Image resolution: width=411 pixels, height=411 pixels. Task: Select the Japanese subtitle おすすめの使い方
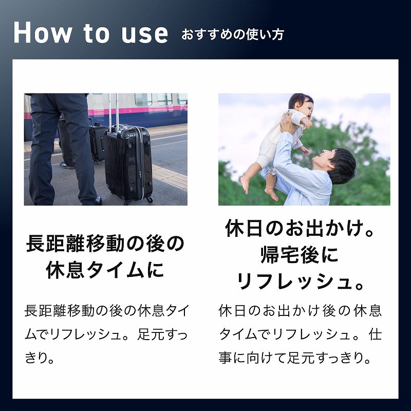point(233,35)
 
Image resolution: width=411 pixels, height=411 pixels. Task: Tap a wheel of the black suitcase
point(149,199)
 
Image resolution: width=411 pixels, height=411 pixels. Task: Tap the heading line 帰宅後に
point(300,255)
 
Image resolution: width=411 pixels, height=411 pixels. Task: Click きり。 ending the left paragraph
point(41,358)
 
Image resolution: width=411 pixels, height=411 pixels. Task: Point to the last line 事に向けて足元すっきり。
point(295,358)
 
